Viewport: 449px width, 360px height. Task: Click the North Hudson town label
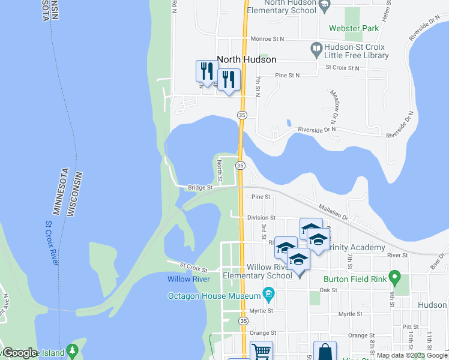click(246, 59)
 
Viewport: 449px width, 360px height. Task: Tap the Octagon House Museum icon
click(268, 294)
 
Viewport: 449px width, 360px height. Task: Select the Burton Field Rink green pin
click(394, 277)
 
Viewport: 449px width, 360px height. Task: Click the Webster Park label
click(354, 28)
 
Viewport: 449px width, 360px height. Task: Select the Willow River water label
click(188, 279)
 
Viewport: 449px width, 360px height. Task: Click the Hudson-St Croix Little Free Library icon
click(316, 47)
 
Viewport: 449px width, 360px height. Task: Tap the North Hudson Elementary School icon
click(325, 7)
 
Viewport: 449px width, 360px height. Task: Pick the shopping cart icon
click(261, 351)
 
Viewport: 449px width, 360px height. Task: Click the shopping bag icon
click(325, 352)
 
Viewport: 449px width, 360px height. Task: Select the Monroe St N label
click(267, 38)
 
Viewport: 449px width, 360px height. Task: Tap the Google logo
click(20, 353)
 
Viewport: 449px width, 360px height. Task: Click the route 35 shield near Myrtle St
click(242, 322)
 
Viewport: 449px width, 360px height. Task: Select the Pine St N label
click(287, 76)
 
